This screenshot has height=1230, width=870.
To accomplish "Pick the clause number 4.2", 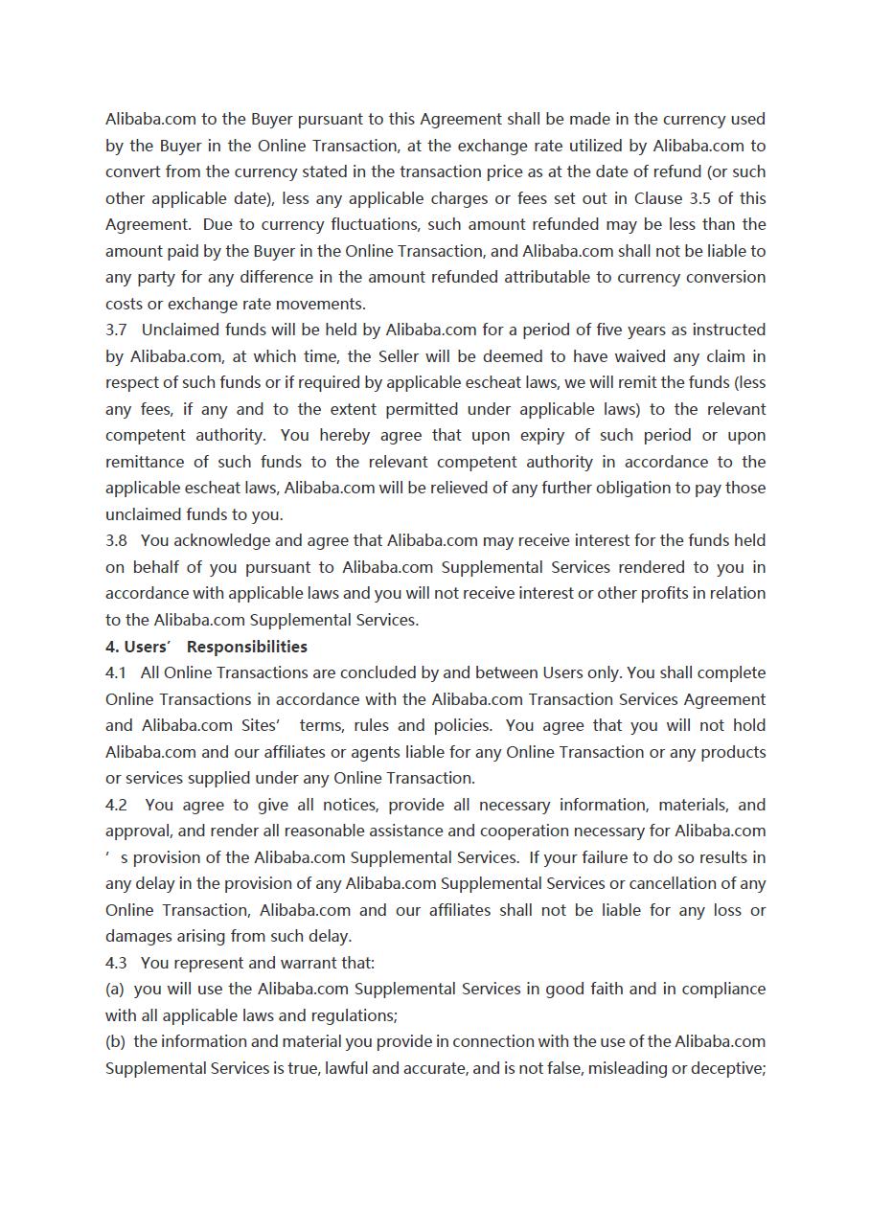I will tap(116, 806).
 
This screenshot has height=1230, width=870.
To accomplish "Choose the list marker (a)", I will tap(115, 990).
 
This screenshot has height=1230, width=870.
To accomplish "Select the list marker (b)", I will tap(115, 1042).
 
